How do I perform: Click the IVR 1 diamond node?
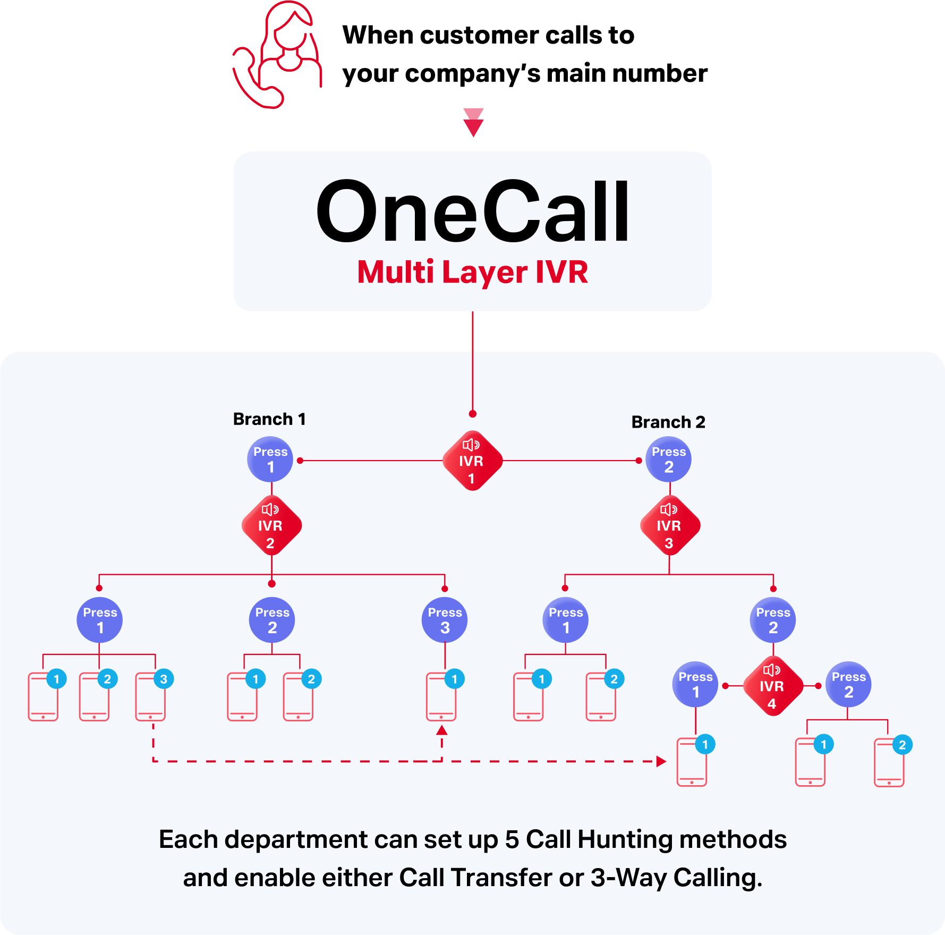pos(472,461)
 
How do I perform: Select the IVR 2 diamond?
pos(271,525)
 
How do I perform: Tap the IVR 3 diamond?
pos(669,525)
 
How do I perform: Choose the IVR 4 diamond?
pos(772,686)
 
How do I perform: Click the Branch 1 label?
pos(269,419)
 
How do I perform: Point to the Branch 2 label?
pos(668,422)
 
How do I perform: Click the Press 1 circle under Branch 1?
pos(270,460)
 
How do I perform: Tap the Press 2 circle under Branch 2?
pos(669,460)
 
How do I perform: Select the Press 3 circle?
pos(445,620)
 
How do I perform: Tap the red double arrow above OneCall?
pos(473,123)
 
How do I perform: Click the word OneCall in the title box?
pos(472,211)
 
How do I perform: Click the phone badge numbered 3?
pos(164,679)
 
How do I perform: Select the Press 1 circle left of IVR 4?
pos(695,684)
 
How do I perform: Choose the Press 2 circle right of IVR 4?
pos(848,684)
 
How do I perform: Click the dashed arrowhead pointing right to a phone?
pos(661,761)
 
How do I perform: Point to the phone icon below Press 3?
pos(441,697)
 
